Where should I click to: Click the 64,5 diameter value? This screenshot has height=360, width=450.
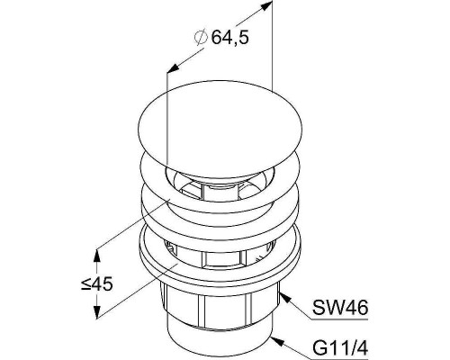pyautogui.click(x=230, y=38)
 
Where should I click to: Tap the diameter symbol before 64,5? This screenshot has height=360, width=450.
pyautogui.click(x=201, y=37)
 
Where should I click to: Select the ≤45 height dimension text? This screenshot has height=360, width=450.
pyautogui.click(x=96, y=283)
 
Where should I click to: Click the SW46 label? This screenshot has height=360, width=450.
pyautogui.click(x=340, y=308)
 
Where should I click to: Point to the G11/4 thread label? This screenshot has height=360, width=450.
pyautogui.click(x=340, y=348)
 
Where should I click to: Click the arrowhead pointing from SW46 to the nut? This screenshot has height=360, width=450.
pyautogui.click(x=285, y=299)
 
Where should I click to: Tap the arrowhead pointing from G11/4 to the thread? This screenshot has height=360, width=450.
pyautogui.click(x=277, y=340)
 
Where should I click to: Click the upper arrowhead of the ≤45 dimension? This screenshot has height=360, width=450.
pyautogui.click(x=96, y=256)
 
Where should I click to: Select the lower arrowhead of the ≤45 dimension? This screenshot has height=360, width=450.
pyautogui.click(x=96, y=311)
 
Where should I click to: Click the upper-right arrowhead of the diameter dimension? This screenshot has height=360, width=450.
pyautogui.click(x=265, y=6)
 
